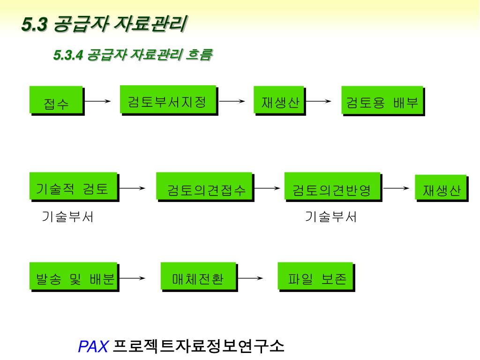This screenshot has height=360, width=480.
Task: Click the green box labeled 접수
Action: pos(56,100)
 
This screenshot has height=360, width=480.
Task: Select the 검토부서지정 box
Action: pos(168,99)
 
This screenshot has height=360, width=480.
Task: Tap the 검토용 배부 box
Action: pos(382,100)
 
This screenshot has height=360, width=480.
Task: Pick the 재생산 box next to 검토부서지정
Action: pos(279,100)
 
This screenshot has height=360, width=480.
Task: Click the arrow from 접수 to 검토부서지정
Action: pos(97,101)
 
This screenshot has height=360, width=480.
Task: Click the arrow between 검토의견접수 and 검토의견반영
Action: pos(267,188)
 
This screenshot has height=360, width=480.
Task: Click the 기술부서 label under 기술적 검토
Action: pos(68,217)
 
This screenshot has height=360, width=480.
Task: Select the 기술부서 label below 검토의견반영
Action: pos(331,217)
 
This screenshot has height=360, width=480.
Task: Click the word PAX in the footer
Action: pos(93,347)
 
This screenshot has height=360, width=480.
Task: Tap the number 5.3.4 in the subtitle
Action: pos(68,55)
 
